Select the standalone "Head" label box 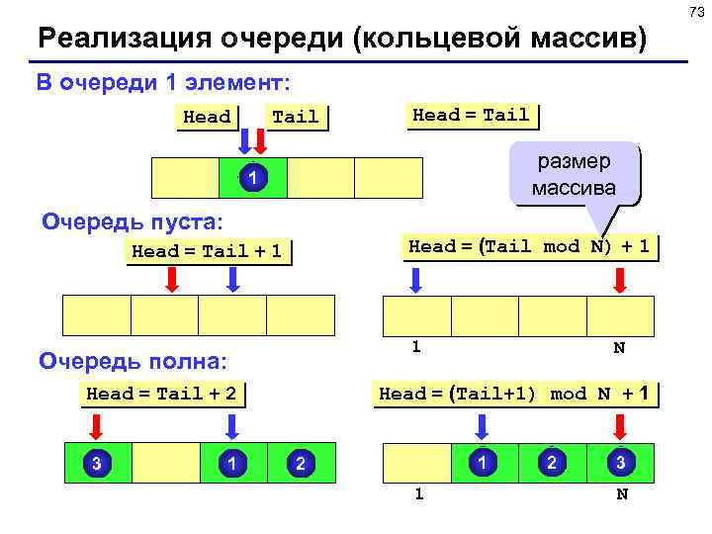[x=207, y=117]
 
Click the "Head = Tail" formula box [x=471, y=115]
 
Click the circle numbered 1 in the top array [x=253, y=179]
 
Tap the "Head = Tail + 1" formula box [x=207, y=251]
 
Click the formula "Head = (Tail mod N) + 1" [x=529, y=246]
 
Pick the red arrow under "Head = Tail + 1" [x=171, y=280]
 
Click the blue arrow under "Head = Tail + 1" [x=233, y=280]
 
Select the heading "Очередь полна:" [x=133, y=360]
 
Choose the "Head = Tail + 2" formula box [x=162, y=394]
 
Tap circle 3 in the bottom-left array [x=95, y=462]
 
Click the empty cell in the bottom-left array [x=164, y=463]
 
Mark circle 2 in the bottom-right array [x=553, y=462]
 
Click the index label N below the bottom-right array [x=621, y=494]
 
